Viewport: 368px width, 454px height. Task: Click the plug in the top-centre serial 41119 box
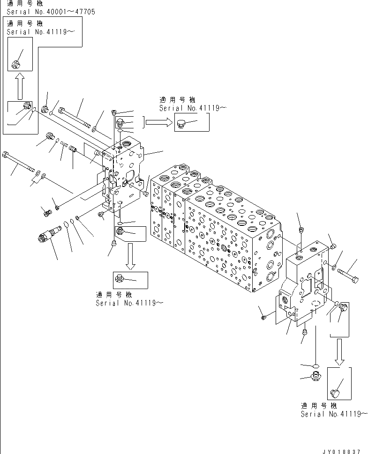182,124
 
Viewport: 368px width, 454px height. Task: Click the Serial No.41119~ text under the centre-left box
129,303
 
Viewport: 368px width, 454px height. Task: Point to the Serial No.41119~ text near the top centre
193,108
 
